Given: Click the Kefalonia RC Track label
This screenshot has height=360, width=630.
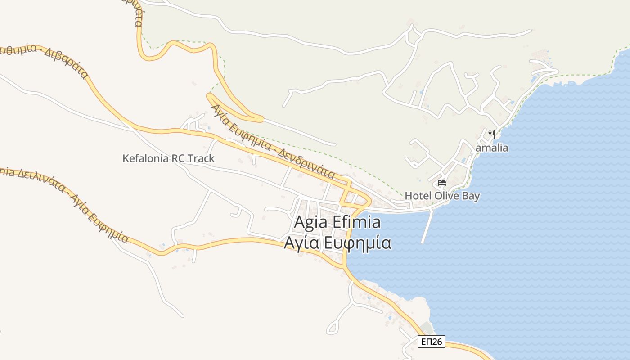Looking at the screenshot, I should click(168, 158).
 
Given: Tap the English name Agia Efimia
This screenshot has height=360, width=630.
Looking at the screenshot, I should click(337, 222).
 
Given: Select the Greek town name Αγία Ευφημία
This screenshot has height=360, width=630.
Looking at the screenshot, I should click(337, 243).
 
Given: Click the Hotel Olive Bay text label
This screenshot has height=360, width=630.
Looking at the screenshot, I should click(442, 196).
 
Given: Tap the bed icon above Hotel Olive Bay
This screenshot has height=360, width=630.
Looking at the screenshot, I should click(442, 183).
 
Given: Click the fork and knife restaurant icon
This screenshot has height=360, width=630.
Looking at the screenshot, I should click(491, 134).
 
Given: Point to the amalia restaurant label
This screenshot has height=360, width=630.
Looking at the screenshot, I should click(492, 148).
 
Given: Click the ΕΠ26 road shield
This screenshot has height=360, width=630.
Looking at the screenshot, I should click(431, 342).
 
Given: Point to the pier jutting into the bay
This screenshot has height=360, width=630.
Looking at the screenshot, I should click(427, 227).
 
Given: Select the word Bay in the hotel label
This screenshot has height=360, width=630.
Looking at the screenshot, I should click(471, 196).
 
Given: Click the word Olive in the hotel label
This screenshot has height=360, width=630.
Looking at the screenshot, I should click(446, 196).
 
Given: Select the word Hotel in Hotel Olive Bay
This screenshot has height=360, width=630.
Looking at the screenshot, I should click(418, 196).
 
